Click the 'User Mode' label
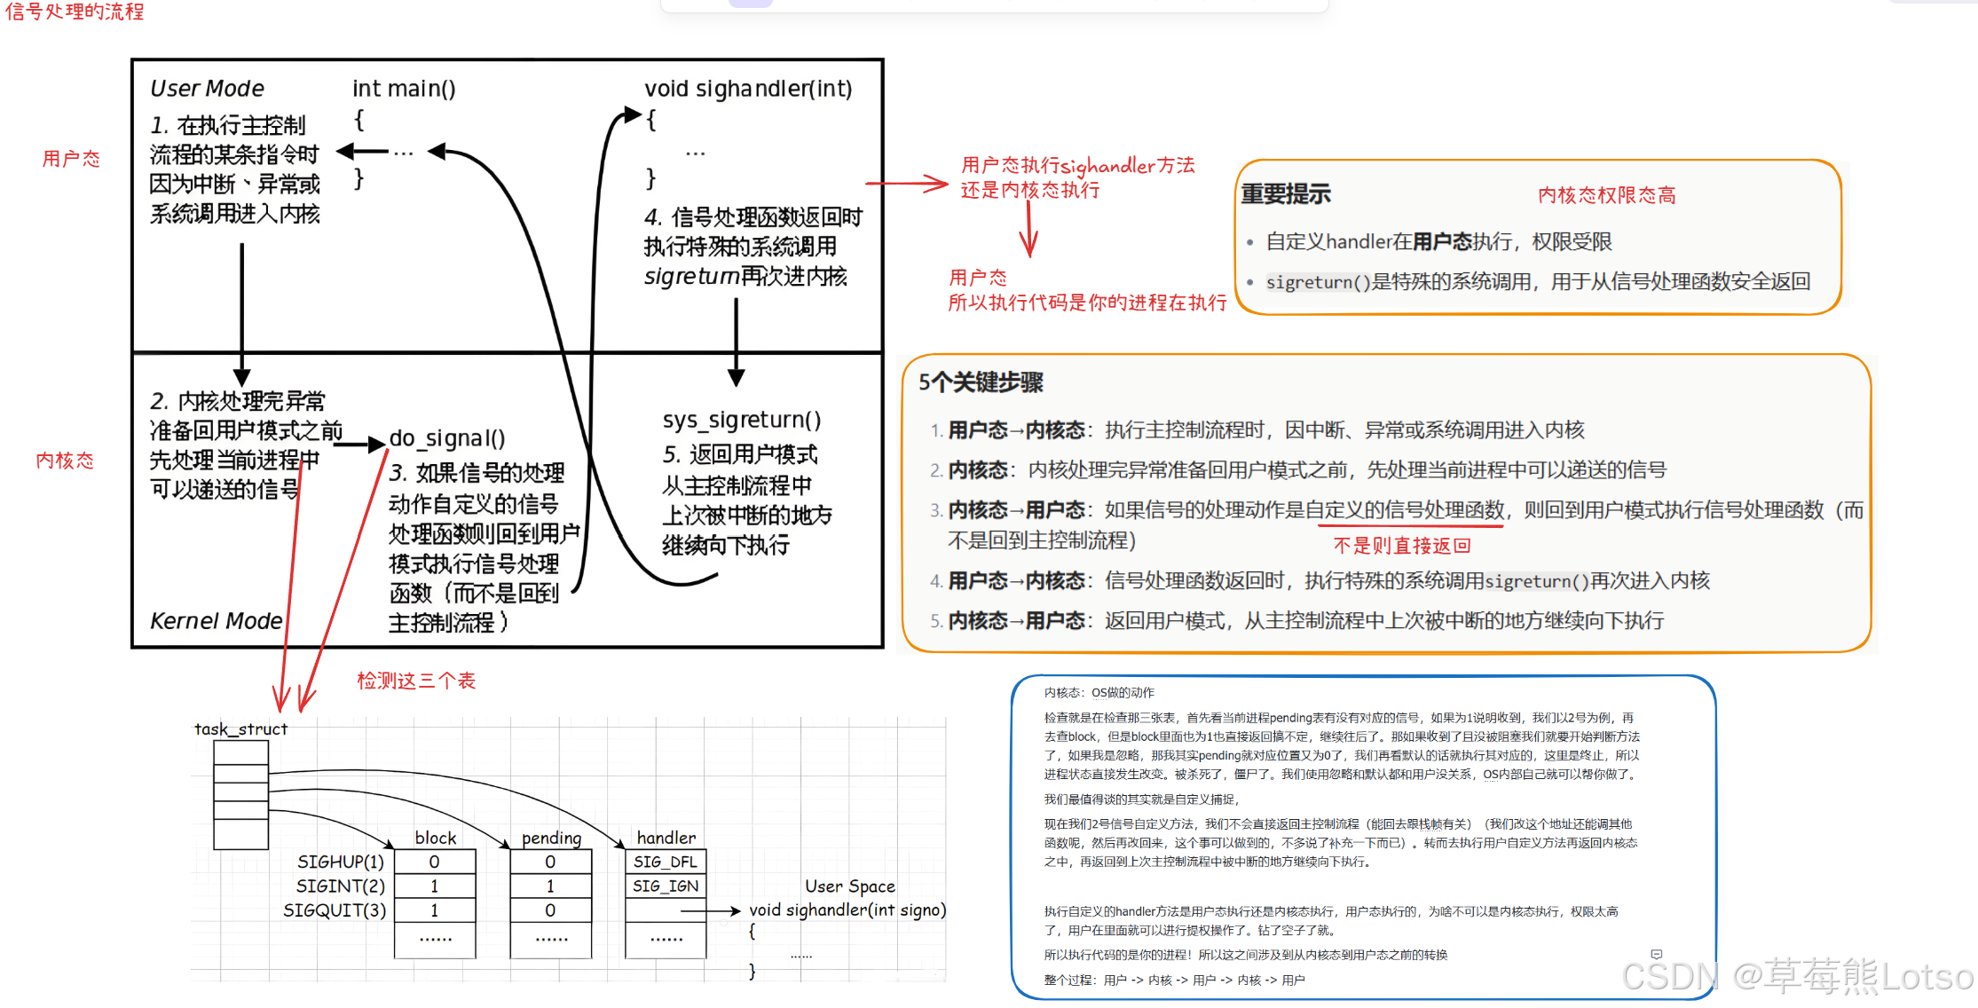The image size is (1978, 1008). click(x=207, y=89)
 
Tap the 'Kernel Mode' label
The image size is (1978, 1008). click(x=216, y=621)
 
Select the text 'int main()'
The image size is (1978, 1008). click(x=404, y=89)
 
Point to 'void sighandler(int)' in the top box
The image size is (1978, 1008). click(x=748, y=89)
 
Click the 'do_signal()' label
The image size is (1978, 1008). click(x=447, y=438)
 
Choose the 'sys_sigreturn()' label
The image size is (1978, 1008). click(x=742, y=420)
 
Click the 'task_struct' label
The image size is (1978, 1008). click(x=240, y=729)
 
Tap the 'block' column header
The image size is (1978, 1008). click(x=435, y=839)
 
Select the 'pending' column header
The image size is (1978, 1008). click(x=551, y=839)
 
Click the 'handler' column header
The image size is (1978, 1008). click(x=666, y=839)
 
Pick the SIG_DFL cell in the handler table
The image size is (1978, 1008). click(x=666, y=862)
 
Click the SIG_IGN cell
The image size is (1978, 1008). click(x=666, y=886)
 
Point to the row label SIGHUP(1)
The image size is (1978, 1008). click(x=341, y=862)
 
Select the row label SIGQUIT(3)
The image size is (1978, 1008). click(x=335, y=910)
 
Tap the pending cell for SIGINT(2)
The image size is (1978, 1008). click(x=550, y=886)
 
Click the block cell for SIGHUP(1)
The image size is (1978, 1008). click(x=434, y=862)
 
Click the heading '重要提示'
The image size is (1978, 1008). click(x=1286, y=194)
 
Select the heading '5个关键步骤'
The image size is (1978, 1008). click(x=981, y=382)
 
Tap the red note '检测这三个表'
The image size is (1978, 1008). click(x=416, y=681)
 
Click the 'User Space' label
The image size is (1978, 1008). click(x=849, y=886)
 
